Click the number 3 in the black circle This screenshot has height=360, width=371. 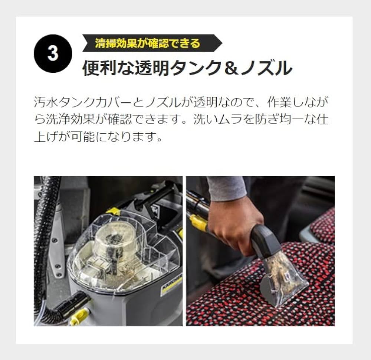pos(53,53)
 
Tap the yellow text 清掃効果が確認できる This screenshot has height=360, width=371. pos(147,43)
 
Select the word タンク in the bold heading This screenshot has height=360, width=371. pos(196,68)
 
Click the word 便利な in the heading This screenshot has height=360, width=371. pos(105,68)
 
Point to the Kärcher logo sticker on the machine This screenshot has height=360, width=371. pos(171,284)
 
